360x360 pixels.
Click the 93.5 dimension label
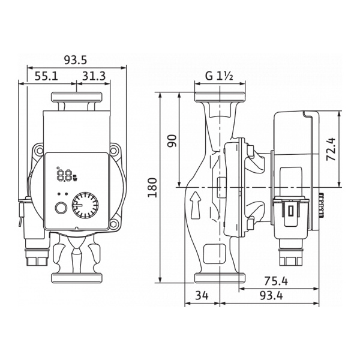76,59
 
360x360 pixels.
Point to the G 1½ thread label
218,76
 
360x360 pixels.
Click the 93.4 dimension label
277,297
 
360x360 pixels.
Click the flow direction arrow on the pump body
194,206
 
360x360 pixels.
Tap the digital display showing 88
65,176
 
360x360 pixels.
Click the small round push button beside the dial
60,210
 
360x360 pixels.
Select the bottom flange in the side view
220,278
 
